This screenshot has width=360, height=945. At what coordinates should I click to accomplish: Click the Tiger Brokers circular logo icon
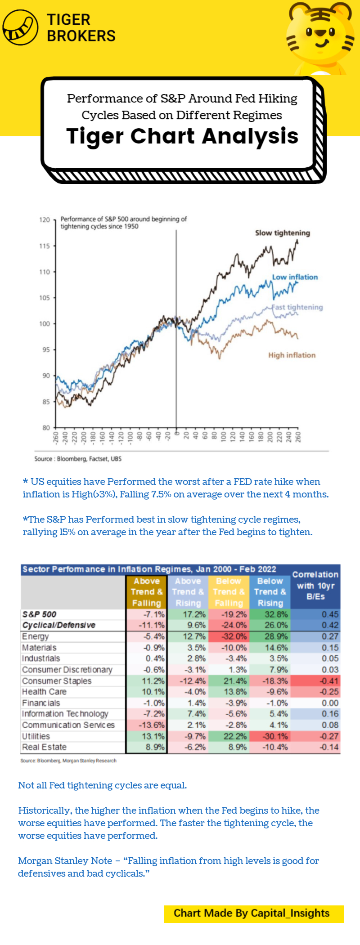[x=21, y=27]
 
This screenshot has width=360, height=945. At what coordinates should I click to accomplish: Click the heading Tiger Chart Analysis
[x=182, y=136]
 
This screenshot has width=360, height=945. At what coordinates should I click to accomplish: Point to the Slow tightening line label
[x=282, y=233]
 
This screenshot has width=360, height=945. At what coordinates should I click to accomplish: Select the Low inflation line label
[x=295, y=277]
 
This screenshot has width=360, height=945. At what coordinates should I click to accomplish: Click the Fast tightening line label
[x=297, y=307]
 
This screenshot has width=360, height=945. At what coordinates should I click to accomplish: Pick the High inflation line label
[x=292, y=355]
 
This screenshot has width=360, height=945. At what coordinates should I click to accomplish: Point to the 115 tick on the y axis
[x=45, y=246]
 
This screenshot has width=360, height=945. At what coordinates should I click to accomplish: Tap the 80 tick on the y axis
[x=46, y=428]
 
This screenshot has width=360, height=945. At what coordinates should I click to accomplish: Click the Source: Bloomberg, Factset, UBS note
[x=78, y=459]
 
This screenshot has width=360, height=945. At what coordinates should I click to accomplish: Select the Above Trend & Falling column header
[x=147, y=592]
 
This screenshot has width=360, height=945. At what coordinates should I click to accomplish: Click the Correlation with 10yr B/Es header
[x=315, y=586]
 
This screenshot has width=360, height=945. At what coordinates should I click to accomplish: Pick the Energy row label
[x=36, y=636]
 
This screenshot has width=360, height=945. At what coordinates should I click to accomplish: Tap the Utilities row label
[x=36, y=736]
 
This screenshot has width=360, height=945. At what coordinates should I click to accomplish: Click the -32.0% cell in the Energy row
[x=229, y=636]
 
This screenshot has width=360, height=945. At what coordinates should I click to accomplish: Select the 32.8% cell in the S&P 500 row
[x=270, y=614]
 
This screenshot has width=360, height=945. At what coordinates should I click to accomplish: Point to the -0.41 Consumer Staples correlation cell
[x=315, y=681]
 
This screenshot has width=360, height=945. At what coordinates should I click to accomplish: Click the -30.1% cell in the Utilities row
[x=270, y=736]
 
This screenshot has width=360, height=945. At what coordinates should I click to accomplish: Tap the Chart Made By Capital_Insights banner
[x=254, y=914]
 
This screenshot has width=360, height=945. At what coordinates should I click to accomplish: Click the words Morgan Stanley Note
[x=65, y=861]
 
